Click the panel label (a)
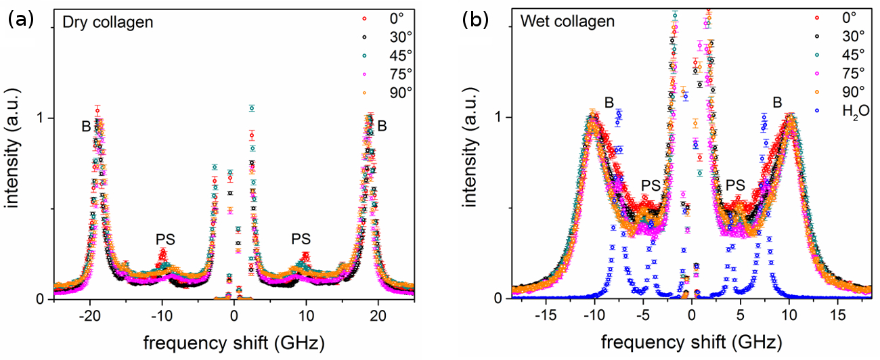(x=20, y=20)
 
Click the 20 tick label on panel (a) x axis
(x=378, y=315)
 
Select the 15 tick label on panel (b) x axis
(x=837, y=315)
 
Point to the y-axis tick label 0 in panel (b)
(x=498, y=298)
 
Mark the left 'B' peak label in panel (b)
(x=609, y=103)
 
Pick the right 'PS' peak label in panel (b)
(x=736, y=184)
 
